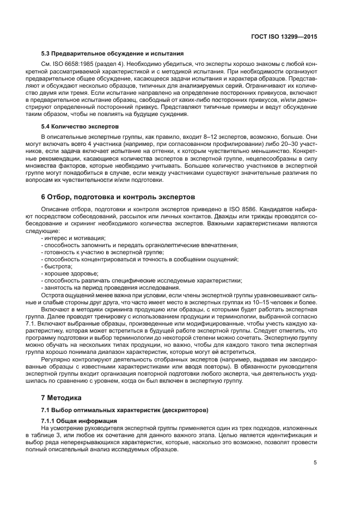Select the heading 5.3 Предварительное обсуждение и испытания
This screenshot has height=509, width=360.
[112, 54]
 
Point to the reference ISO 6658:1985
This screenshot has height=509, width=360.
[70, 64]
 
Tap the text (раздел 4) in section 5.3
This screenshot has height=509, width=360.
[106, 64]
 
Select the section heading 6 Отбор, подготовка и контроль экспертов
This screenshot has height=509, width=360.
[119, 197]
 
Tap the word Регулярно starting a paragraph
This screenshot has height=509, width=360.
[56, 359]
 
